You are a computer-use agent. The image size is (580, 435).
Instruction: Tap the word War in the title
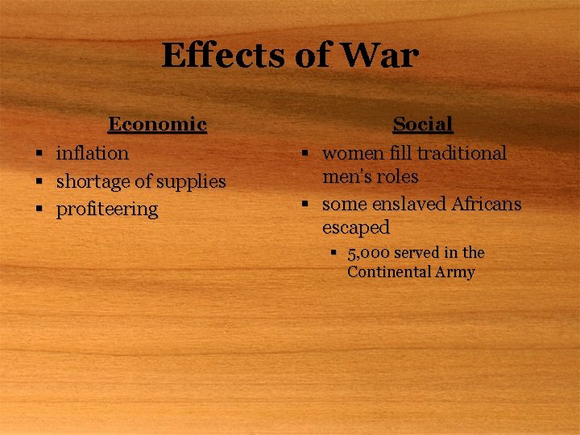click(x=382, y=56)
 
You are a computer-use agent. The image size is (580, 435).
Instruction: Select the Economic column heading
click(x=157, y=124)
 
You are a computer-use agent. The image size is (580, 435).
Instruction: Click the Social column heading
click(x=422, y=124)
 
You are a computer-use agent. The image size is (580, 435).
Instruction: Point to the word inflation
click(x=92, y=153)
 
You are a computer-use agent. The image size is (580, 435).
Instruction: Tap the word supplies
click(x=190, y=182)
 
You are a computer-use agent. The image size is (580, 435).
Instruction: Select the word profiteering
click(x=106, y=209)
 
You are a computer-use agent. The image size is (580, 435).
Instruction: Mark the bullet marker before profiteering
click(x=38, y=210)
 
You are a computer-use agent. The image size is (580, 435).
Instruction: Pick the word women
click(x=353, y=153)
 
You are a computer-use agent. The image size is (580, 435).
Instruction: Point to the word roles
click(x=398, y=176)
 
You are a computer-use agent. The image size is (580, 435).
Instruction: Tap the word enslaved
click(x=407, y=205)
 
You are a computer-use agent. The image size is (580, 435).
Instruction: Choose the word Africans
click(x=486, y=205)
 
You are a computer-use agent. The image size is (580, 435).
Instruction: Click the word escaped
click(x=355, y=227)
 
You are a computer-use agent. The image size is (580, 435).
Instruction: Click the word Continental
click(x=387, y=272)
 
